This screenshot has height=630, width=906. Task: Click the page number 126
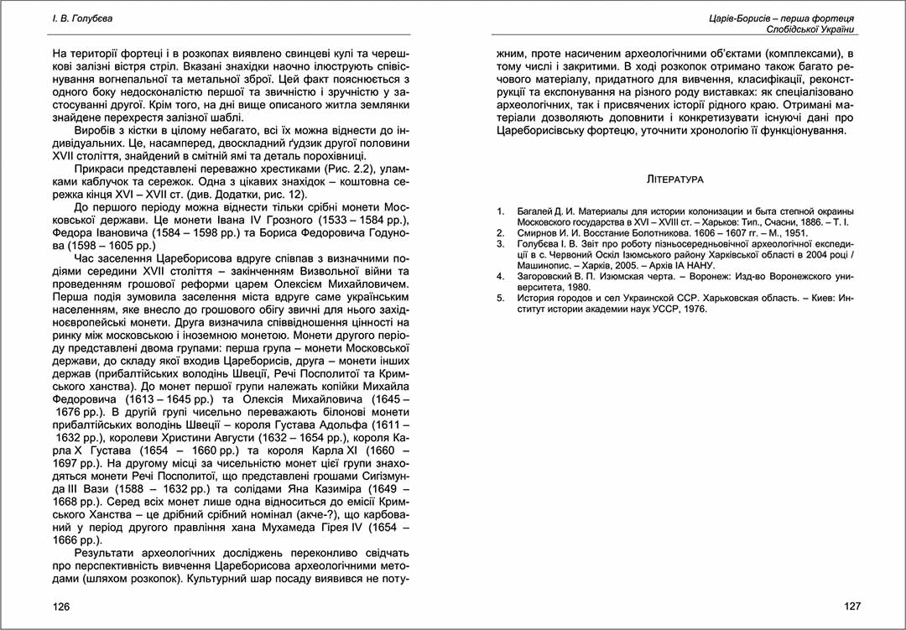point(61,606)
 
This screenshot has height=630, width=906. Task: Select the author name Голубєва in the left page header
point(93,18)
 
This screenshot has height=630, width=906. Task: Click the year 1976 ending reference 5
point(693,309)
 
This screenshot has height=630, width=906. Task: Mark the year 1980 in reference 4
point(576,287)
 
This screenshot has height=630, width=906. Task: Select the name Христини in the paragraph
point(170,438)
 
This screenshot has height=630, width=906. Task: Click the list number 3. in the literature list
point(501,243)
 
